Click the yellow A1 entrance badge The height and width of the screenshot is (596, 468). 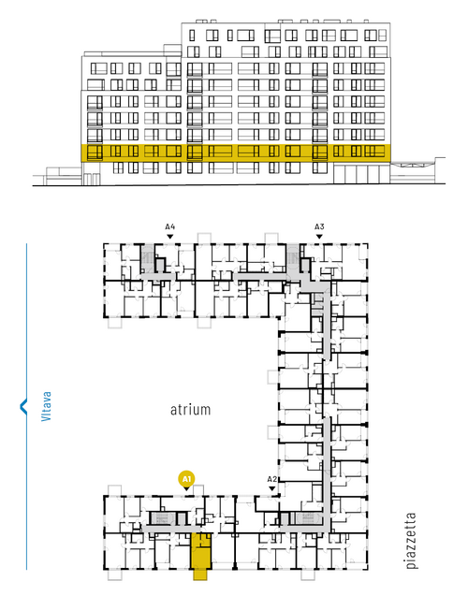[186, 478]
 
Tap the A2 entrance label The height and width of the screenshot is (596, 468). [271, 479]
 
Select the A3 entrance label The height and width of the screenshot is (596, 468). [319, 227]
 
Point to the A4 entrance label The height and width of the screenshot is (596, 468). [170, 227]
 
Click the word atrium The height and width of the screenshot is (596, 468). [190, 410]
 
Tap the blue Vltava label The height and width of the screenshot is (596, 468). [46, 406]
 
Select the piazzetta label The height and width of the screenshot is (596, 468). [411, 540]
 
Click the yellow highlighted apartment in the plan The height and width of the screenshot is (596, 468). [200, 551]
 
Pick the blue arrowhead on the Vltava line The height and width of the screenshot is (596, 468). [23, 406]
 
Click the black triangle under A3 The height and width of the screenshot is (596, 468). [319, 237]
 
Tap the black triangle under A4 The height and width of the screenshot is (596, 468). [170, 237]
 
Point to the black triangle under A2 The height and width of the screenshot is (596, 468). [271, 488]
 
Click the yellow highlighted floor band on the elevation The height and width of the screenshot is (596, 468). [236, 153]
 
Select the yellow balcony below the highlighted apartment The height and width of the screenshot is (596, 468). [200, 574]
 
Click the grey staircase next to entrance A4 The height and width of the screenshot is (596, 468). [147, 259]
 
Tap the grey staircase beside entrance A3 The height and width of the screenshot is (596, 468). [293, 259]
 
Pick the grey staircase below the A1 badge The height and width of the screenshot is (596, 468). [162, 518]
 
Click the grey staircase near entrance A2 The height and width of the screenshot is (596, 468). [308, 518]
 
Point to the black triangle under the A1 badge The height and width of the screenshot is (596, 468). [186, 488]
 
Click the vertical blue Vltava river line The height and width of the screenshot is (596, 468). [26, 406]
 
